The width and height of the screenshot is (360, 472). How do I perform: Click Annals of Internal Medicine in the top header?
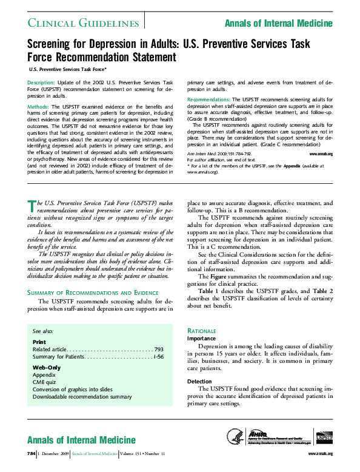coord(278,23)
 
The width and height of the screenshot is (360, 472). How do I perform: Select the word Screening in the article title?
coord(52,46)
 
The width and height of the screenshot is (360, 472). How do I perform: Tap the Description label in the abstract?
coord(41,81)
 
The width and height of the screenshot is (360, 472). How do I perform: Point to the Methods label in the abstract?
coord(38,106)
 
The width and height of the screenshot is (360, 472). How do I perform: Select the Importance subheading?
coord(201,339)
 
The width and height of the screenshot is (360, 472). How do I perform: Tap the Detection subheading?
coord(199,381)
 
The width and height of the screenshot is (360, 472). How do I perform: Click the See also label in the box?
coord(43,332)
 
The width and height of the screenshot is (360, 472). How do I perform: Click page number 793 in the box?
coord(159,349)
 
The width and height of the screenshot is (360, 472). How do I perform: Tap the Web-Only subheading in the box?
coord(46,368)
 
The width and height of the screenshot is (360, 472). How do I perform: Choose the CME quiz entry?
coord(45,382)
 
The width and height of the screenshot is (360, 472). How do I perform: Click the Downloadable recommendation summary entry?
coord(82,396)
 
